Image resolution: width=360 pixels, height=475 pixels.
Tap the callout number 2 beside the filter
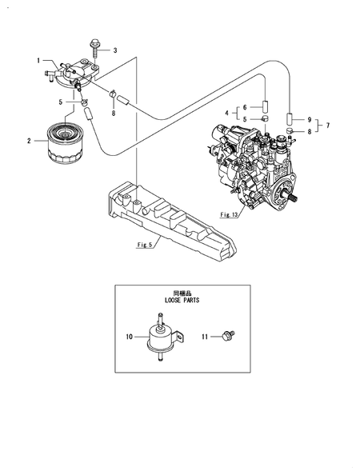29,141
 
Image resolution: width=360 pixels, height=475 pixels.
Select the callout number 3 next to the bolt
115,50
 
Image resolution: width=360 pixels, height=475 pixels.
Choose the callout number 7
326,126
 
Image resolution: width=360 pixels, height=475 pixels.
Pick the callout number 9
309,120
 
